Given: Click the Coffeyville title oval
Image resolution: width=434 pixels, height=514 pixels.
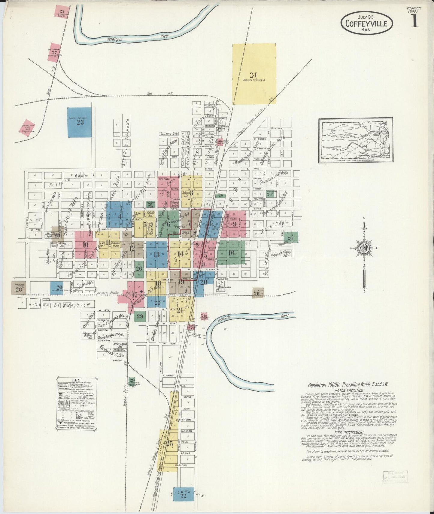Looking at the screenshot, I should [367, 22].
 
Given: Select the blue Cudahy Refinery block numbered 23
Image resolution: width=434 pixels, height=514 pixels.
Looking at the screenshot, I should [80, 122].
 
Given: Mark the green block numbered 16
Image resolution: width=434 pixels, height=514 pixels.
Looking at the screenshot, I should [231, 253].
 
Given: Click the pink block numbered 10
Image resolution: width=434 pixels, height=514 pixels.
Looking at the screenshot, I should [85, 244].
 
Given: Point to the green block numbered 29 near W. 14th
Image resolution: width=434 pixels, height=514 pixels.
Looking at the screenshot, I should [140, 316].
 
